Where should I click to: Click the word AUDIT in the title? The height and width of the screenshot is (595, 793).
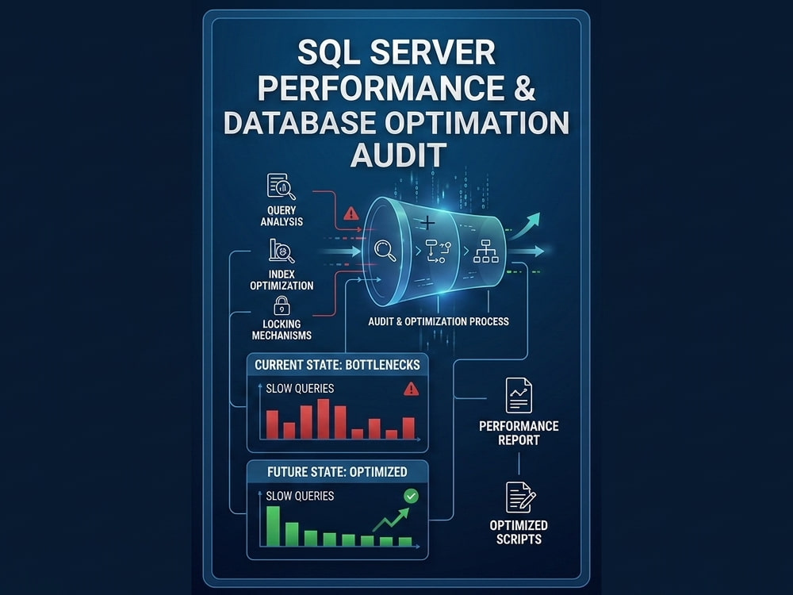pos(399,155)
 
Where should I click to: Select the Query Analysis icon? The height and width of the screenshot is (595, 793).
pos(282,186)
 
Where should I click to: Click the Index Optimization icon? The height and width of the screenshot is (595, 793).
pos(282,251)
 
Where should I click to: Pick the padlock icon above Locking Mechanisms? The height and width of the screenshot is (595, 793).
pos(282,305)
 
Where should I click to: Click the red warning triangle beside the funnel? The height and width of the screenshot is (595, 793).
pos(351,213)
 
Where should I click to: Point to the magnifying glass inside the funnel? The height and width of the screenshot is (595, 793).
pos(385,251)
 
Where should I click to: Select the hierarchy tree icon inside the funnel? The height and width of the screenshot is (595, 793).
pos(486,251)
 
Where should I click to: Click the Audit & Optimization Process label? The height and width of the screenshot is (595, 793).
pos(439,321)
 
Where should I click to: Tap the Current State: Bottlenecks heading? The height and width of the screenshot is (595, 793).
pos(337,365)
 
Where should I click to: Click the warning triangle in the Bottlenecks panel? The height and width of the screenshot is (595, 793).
pos(411,389)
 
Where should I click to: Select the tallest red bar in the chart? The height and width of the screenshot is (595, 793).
pos(324,419)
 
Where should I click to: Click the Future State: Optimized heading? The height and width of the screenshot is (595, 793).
pos(337,472)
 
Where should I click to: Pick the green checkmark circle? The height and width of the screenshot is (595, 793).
pos(411,496)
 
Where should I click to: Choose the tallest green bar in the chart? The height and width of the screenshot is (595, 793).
pos(273,526)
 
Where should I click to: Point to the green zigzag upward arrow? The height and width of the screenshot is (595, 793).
pos(391,520)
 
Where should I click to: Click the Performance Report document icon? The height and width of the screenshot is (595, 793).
pos(519,396)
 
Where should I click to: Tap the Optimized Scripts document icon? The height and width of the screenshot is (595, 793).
pos(520,497)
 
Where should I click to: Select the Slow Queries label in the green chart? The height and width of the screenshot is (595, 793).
pos(300,496)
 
